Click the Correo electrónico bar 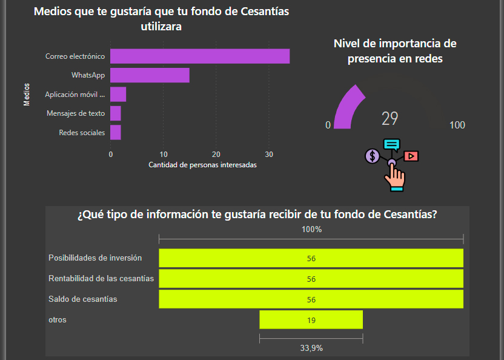point(200,56)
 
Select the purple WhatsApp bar point(150,75)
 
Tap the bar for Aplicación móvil point(118,95)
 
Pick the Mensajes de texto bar point(116,113)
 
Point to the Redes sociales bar point(116,132)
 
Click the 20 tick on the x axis point(216,154)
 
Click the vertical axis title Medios point(27,95)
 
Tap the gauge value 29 point(390,118)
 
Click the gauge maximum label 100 point(457,125)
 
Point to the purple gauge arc point(346,106)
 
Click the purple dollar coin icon point(373,156)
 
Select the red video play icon point(411,156)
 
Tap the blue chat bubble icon point(392,145)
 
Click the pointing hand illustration point(396,177)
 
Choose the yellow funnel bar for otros point(311,320)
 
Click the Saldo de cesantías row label point(83,299)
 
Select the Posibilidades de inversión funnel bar point(311,258)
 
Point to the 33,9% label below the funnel point(311,348)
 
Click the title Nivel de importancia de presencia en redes point(395,51)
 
